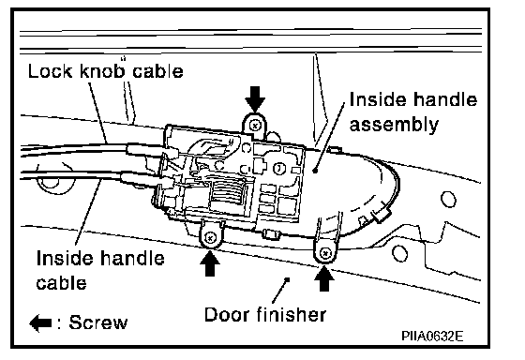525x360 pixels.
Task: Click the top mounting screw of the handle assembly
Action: tap(255, 126)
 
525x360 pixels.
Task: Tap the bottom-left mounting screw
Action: tap(210, 238)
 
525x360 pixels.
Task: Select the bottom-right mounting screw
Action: tap(324, 253)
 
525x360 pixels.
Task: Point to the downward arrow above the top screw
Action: tap(255, 98)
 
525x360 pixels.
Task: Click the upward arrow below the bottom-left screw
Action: tap(210, 263)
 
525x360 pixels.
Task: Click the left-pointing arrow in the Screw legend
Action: tap(40, 322)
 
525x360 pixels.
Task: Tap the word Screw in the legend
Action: tap(98, 322)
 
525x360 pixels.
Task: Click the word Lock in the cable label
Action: tap(50, 71)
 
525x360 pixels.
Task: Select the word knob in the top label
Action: tap(102, 70)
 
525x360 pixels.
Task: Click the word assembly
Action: tap(394, 126)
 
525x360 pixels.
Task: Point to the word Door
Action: tap(227, 315)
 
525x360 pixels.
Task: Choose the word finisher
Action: tap(292, 315)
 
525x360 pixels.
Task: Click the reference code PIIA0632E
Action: tap(432, 336)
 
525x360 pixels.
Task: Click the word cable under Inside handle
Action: tap(61, 283)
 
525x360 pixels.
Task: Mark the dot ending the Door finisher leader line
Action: tap(287, 278)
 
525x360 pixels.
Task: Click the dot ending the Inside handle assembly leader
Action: tap(315, 171)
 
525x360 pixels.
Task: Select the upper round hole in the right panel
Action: tap(448, 200)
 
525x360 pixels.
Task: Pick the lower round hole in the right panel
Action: tap(399, 253)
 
